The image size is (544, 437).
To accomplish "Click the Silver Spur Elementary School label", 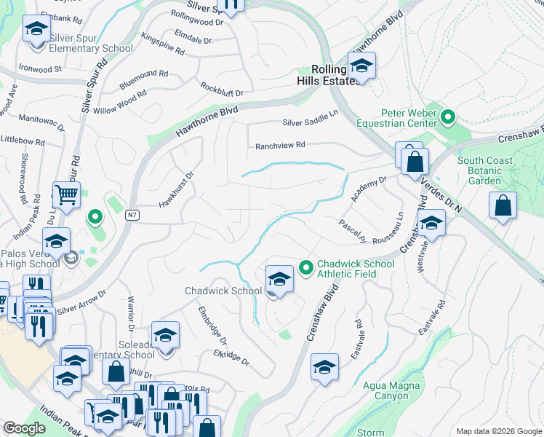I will (x=90, y=49).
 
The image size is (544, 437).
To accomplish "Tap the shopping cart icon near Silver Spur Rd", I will (x=66, y=195).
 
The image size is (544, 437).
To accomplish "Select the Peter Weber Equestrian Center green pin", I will (x=449, y=117).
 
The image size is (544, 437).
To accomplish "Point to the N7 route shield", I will (x=132, y=214).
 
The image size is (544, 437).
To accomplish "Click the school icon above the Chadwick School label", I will (x=279, y=278).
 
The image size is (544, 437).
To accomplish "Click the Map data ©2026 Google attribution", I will (x=498, y=431).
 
